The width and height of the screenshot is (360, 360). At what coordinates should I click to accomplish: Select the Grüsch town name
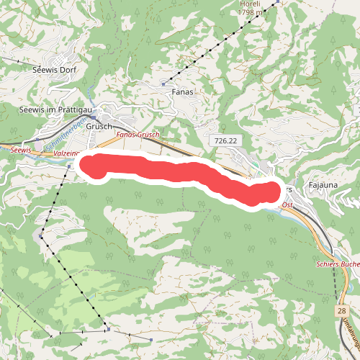click(x=99, y=125)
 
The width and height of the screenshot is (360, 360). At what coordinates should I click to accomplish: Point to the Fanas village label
click(x=184, y=92)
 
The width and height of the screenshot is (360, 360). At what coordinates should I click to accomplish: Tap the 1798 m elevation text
click(x=256, y=12)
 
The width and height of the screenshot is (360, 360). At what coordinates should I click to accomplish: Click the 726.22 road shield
click(x=225, y=140)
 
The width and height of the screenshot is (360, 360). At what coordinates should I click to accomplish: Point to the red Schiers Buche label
click(x=338, y=264)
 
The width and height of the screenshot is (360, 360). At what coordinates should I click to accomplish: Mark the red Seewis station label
click(x=22, y=149)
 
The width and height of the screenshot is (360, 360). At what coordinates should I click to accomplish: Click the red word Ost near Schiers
click(x=287, y=205)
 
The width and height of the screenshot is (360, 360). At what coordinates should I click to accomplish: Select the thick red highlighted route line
click(x=180, y=172)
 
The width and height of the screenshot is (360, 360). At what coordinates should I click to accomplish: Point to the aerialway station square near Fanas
click(x=164, y=84)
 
